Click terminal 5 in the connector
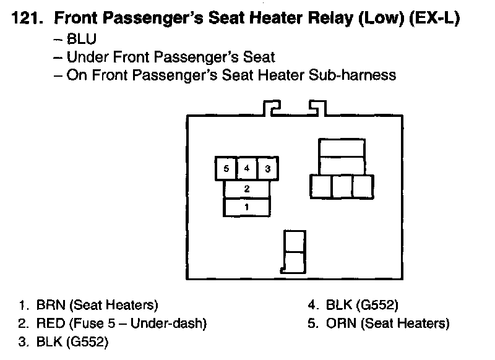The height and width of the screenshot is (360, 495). [226, 168]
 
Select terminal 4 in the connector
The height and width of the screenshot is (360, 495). [247, 168]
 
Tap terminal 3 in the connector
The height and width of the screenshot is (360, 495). [268, 168]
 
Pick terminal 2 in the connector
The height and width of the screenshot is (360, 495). [247, 189]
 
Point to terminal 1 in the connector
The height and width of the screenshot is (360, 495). [247, 207]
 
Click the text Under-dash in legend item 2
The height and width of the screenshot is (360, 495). [176, 324]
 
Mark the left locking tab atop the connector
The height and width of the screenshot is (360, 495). [272, 109]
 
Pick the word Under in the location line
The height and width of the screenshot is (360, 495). [86, 58]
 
